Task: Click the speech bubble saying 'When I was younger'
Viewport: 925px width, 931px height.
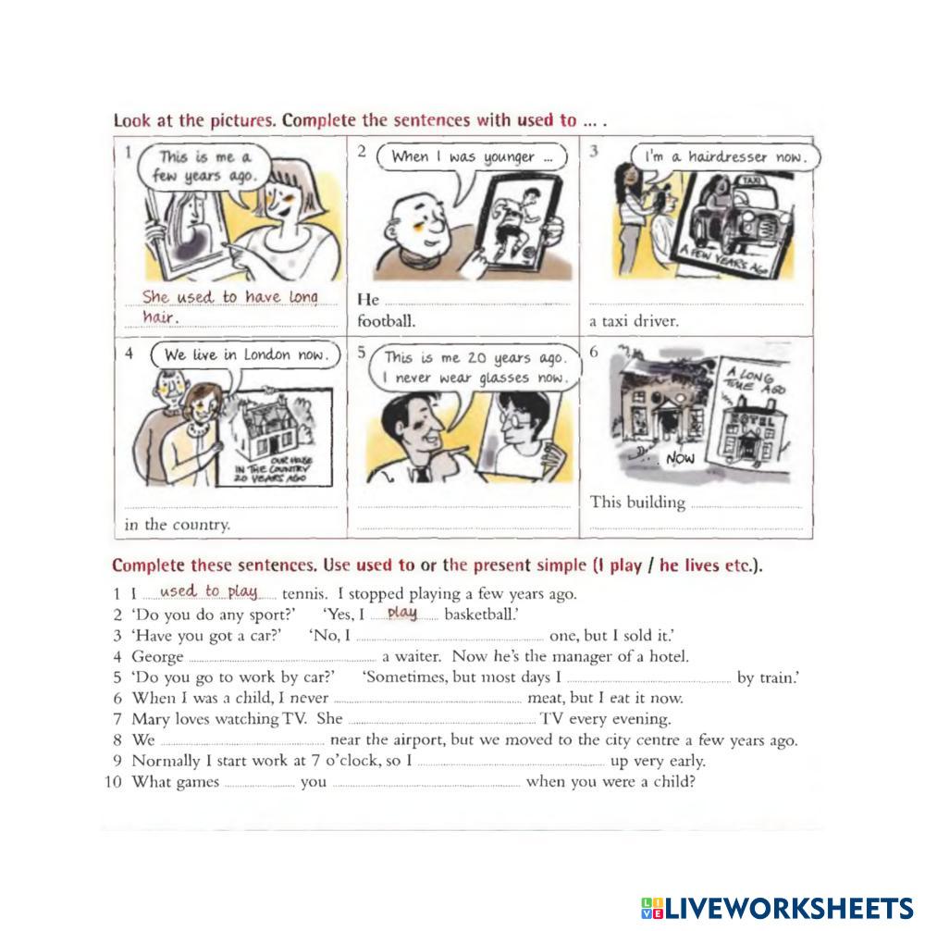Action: tap(472, 157)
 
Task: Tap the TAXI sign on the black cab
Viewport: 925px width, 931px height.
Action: tap(750, 180)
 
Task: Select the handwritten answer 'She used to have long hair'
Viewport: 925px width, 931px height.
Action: tap(229, 306)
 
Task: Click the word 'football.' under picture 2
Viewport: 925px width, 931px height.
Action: tap(387, 321)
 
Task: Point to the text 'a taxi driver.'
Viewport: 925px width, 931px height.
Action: tap(633, 321)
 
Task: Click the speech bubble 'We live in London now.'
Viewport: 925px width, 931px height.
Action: tap(246, 355)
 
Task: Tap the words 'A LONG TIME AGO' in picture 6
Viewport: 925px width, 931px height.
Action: tap(755, 381)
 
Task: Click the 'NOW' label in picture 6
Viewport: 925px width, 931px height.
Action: tap(680, 458)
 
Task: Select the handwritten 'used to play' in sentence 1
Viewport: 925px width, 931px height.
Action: tap(208, 591)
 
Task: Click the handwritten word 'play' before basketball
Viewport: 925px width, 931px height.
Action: tap(401, 612)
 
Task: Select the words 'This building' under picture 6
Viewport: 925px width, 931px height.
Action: tap(637, 503)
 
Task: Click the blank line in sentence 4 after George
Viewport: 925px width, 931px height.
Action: tap(282, 660)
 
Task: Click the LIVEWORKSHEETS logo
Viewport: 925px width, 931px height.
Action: tap(777, 909)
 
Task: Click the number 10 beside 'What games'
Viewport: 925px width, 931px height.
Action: tap(114, 781)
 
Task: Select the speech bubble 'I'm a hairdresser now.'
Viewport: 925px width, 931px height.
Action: tap(725, 157)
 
